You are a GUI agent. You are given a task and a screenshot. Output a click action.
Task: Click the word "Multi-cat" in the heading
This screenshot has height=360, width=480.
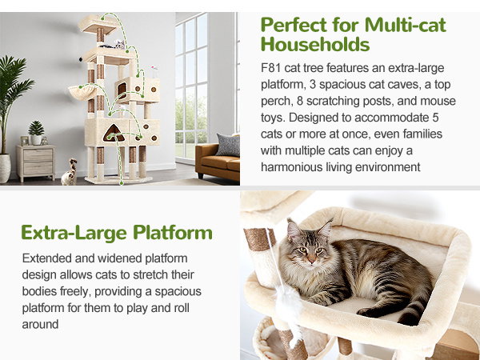coord(406,25)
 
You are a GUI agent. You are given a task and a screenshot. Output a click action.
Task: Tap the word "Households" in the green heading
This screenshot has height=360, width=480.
coord(315,44)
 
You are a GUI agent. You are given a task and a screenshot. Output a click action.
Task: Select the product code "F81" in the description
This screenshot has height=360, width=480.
coord(271,68)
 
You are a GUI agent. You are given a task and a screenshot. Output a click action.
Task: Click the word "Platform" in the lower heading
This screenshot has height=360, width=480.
coord(173,234)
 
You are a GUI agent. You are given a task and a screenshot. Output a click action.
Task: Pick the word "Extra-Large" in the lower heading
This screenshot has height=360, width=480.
coord(74,234)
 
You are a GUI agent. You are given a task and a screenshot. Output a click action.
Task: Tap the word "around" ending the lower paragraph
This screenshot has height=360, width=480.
coord(40,324)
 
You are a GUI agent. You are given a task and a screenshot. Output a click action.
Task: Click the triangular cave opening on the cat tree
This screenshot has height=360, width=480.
coord(114,134)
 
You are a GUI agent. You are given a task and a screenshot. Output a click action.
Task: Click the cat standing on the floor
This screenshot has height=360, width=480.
coord(69,172)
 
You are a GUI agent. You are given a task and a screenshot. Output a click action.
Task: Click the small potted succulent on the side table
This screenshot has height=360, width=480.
coord(36,133)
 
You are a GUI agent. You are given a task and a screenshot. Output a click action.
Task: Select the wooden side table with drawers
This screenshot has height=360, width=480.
coord(36,162)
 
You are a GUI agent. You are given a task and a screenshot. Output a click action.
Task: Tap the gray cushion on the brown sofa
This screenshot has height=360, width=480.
coord(228,146)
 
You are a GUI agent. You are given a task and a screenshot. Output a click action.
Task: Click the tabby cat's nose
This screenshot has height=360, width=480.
coord(311,261)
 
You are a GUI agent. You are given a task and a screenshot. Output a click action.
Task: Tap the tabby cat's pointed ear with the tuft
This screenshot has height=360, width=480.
coord(325,229)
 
